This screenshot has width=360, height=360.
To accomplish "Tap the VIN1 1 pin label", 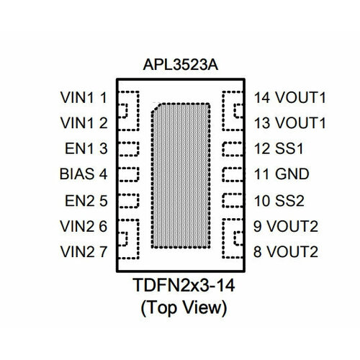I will pos(84,96).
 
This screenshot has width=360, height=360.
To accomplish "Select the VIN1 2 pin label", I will pos(84,122).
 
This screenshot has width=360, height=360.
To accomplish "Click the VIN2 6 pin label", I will pos(84,226).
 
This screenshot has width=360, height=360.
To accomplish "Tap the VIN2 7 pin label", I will pos(84,252).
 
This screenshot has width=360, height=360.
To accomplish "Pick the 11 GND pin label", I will pos(276,174).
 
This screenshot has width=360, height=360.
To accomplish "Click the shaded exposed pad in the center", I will pos(181,176).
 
